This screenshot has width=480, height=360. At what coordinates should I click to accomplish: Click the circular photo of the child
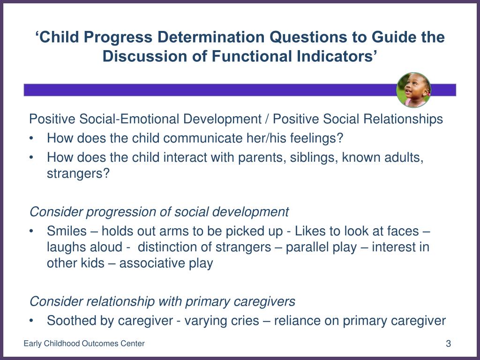point(413,90)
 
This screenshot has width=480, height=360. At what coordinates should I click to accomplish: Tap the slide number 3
point(448,344)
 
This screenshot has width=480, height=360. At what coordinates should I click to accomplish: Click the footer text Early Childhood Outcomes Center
point(84,344)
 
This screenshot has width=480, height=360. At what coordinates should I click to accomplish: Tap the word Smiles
point(67,231)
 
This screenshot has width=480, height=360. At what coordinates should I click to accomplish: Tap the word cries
point(243,321)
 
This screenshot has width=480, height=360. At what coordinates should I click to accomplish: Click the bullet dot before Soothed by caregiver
point(31,321)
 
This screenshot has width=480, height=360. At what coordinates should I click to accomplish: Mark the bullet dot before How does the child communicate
point(31,138)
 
